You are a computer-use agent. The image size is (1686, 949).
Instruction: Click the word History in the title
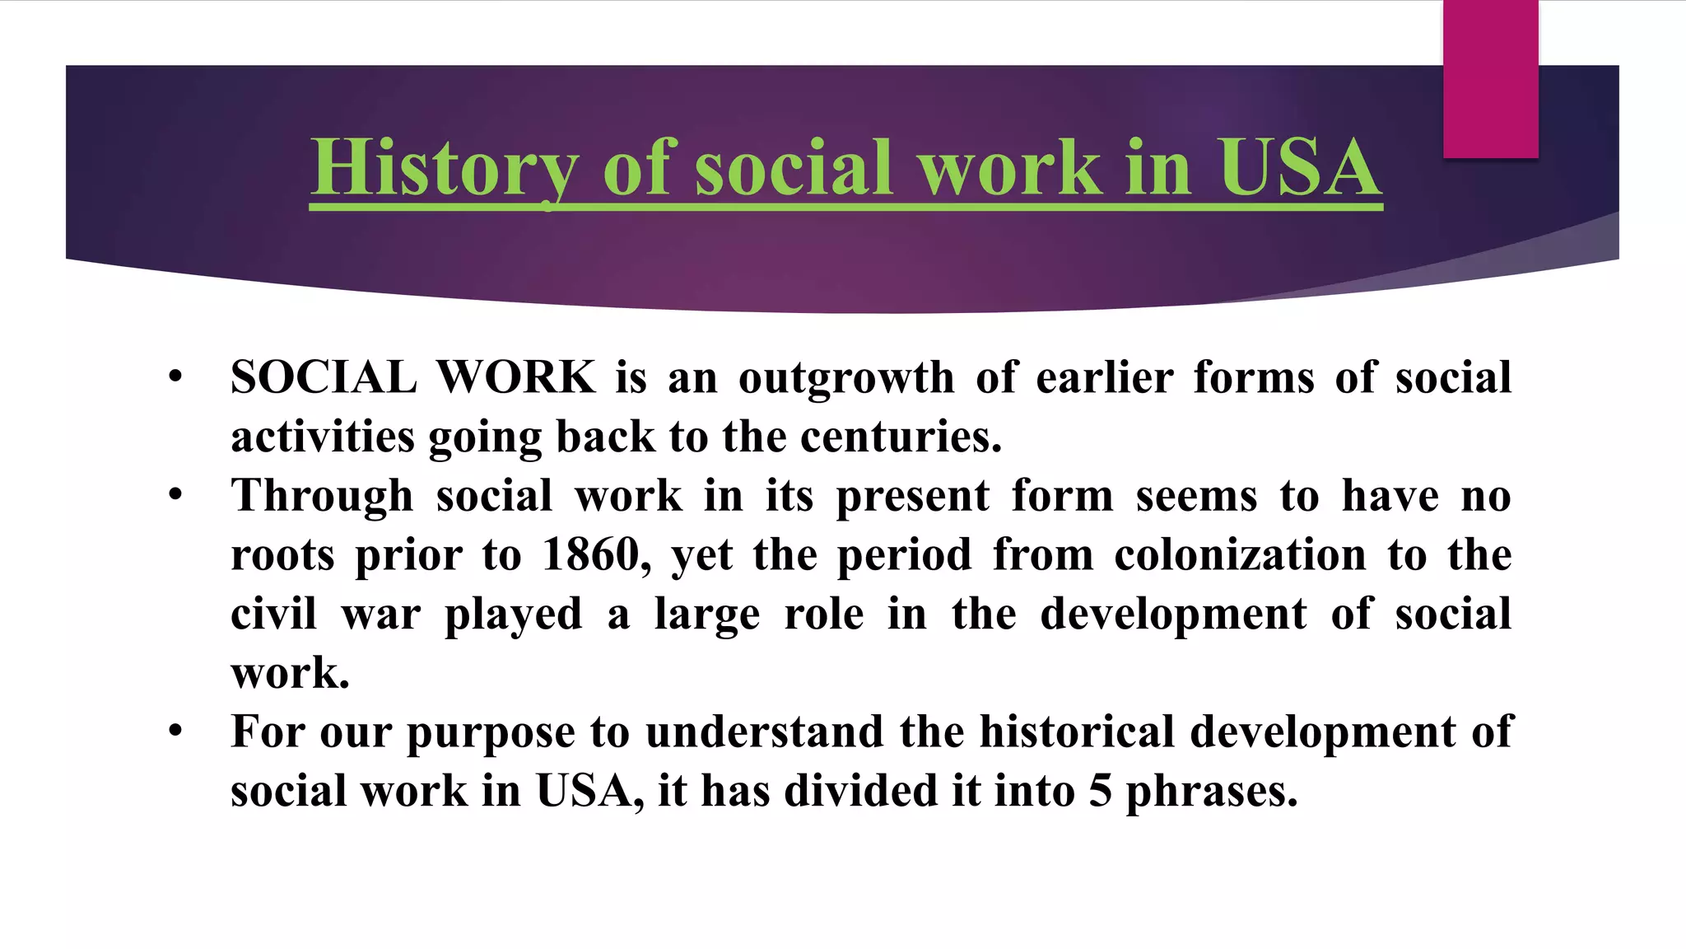[x=444, y=168]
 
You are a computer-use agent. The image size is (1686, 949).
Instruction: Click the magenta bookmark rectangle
[x=1490, y=79]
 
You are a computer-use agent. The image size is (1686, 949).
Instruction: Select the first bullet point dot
[x=175, y=377]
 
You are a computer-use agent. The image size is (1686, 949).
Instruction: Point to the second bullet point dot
[x=175, y=495]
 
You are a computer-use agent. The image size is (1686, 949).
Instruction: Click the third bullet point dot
[x=175, y=732]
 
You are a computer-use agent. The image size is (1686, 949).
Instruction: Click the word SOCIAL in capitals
[x=324, y=378]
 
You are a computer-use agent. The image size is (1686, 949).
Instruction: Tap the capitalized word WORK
[x=515, y=378]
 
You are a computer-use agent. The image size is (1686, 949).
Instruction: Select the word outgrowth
[x=845, y=380]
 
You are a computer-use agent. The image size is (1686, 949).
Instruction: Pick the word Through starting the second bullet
[x=322, y=497]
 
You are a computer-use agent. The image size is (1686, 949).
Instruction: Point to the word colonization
[x=1240, y=555]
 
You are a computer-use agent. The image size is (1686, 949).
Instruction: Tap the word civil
[x=273, y=615]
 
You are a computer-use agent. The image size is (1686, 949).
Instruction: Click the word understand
[x=764, y=732]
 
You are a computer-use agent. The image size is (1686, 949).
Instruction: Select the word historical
[x=1077, y=732]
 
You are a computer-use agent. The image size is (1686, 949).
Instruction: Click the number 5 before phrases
[x=1101, y=792]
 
